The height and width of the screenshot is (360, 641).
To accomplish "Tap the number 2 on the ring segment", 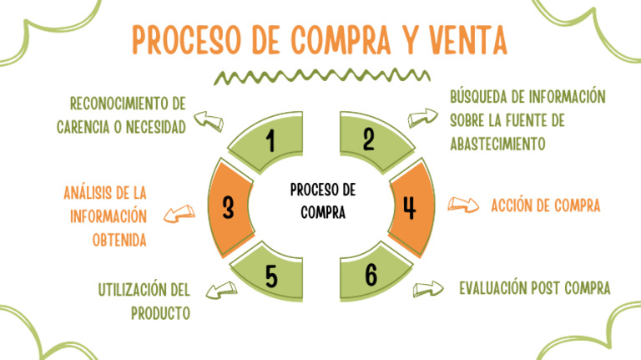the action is (x=368, y=139).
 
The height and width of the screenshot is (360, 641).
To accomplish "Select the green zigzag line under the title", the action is (x=320, y=77).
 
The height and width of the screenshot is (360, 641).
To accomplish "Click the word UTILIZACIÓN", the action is (x=134, y=291).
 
